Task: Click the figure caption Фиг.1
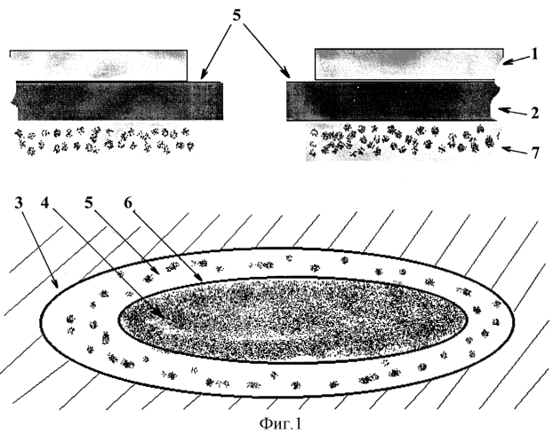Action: (x=280, y=423)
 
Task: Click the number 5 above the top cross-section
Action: (x=236, y=15)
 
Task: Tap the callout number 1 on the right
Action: (x=534, y=54)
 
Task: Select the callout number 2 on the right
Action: (x=534, y=114)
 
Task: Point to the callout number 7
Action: (x=535, y=153)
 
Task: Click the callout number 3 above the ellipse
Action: (x=19, y=203)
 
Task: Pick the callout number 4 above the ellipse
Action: (x=45, y=202)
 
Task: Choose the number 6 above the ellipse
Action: (x=128, y=203)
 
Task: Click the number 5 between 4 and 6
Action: (x=89, y=203)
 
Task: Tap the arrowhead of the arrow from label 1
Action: (x=505, y=63)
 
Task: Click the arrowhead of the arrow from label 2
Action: (x=502, y=110)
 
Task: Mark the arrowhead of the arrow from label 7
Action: (x=505, y=148)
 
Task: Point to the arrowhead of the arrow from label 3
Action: (x=56, y=284)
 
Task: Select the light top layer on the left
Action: (x=99, y=66)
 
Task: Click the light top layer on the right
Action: (x=409, y=64)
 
